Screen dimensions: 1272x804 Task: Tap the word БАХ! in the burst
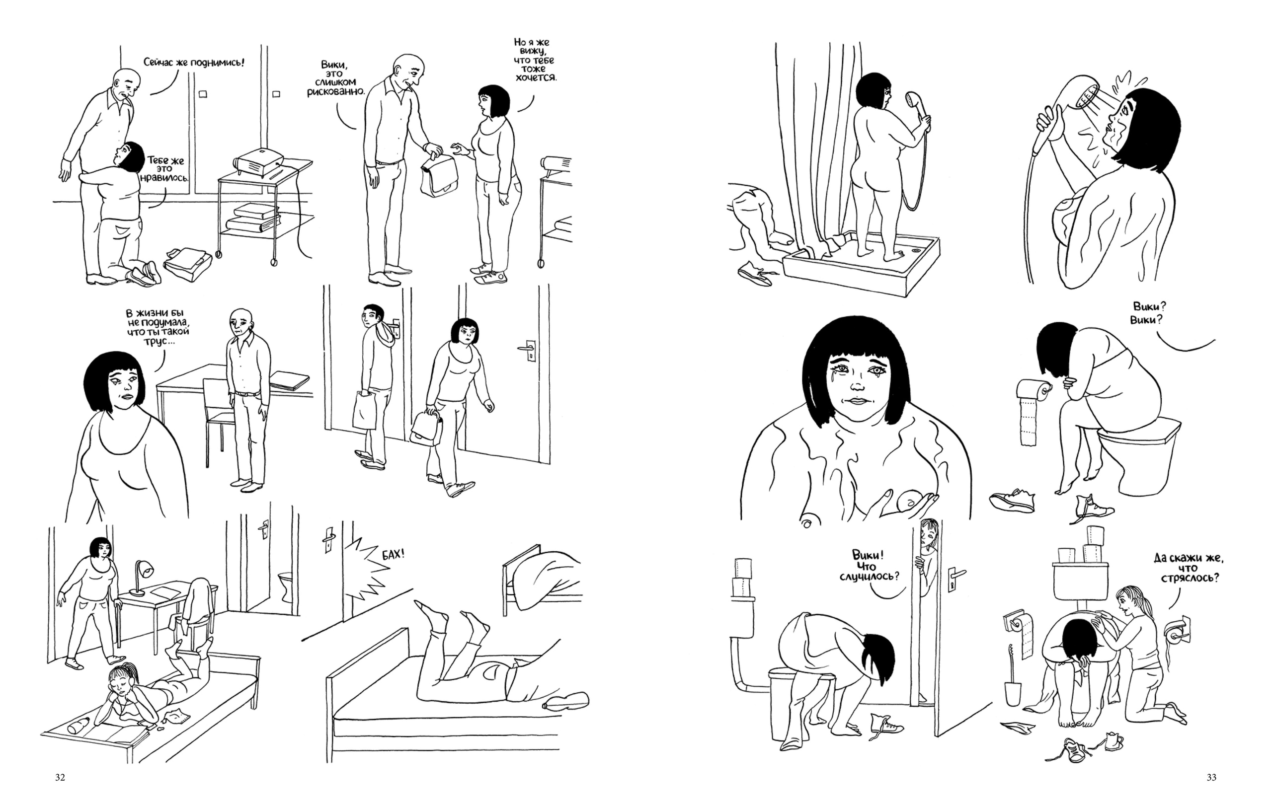tap(393, 555)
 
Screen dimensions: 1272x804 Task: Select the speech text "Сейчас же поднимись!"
tap(194, 62)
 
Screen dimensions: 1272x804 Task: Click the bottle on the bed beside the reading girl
tap(79, 727)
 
